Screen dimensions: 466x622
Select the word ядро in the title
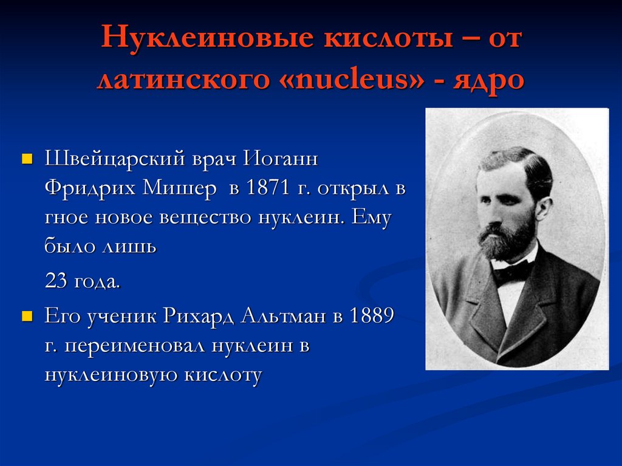click(488, 79)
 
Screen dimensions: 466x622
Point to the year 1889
click(371, 317)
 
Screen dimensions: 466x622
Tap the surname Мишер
click(179, 189)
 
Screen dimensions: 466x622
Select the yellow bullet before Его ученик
click(26, 317)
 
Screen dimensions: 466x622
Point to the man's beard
click(507, 240)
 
